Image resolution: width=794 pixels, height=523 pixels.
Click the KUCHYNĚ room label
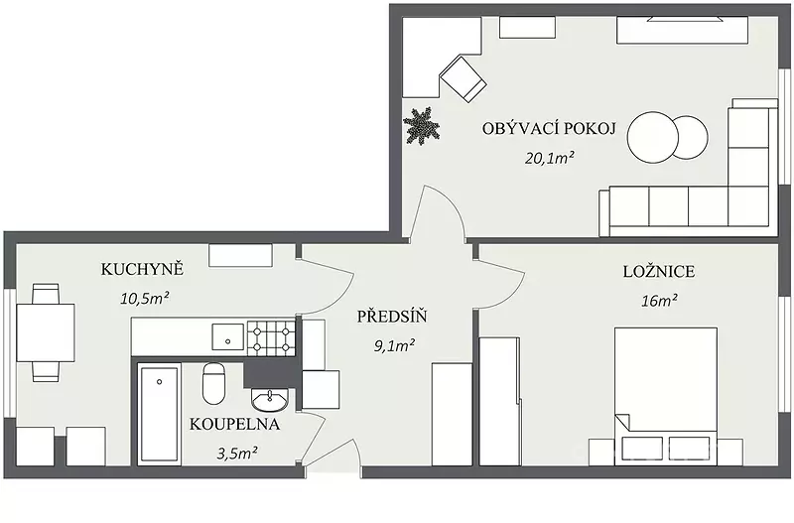click(x=142, y=269)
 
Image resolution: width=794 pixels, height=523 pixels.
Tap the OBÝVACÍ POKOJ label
click(x=549, y=128)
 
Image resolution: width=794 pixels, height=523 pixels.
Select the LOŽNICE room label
click(x=659, y=271)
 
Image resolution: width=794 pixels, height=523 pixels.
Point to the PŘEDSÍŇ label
click(x=392, y=317)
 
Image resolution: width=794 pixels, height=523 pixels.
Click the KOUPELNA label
click(x=234, y=425)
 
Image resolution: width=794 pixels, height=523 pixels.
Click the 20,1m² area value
click(x=550, y=158)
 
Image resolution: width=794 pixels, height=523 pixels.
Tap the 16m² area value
click(x=660, y=301)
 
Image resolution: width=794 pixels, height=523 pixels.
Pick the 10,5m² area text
click(x=144, y=298)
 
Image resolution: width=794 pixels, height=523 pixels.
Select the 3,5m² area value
click(x=237, y=453)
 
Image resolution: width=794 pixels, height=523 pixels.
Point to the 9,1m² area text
click(x=394, y=345)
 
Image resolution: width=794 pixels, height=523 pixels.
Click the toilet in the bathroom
click(x=213, y=383)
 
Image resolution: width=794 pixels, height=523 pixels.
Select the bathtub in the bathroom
click(x=160, y=416)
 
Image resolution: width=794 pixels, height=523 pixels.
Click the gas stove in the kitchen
click(x=271, y=337)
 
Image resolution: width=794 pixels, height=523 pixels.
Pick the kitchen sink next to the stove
click(x=228, y=336)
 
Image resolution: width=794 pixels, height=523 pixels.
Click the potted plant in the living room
click(x=421, y=126)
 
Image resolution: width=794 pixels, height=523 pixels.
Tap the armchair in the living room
click(x=463, y=79)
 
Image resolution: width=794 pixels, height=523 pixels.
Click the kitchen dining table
click(x=46, y=332)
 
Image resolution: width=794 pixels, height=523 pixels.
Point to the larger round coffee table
click(x=652, y=137)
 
